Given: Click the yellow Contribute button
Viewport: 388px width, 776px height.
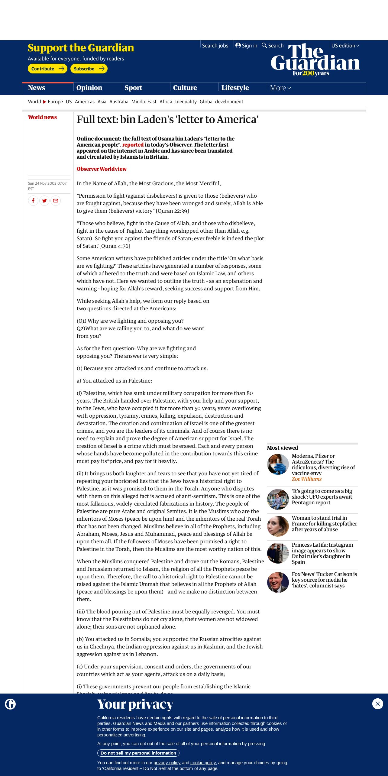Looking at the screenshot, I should [47, 69].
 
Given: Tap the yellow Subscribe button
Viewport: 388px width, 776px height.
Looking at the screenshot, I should [89, 69].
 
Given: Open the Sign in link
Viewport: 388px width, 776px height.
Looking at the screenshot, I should [246, 46].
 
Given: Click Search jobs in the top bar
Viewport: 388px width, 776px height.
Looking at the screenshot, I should [215, 46].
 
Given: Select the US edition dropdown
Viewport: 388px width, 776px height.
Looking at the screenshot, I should [345, 46].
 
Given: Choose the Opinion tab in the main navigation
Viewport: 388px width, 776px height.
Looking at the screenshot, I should [89, 88].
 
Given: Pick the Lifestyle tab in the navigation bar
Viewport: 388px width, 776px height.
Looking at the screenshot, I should [235, 88].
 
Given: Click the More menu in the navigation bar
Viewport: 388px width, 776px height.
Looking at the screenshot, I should [280, 88].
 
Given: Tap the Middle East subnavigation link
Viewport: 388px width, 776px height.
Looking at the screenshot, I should [144, 102].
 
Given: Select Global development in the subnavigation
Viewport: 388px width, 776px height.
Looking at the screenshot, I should [221, 102].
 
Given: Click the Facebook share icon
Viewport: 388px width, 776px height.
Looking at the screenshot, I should [33, 201].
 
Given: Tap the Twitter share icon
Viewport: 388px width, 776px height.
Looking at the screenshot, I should [44, 201].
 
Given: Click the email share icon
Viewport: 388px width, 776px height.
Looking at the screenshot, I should [56, 201].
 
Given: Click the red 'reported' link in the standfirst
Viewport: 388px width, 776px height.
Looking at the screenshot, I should [133, 145].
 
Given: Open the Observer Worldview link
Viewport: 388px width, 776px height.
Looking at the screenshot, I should [102, 169].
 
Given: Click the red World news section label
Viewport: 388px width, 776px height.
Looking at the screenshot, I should [42, 117].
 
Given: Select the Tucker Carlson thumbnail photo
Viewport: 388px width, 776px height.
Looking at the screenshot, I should [278, 582].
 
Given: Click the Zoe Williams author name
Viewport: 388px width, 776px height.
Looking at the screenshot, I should [306, 479].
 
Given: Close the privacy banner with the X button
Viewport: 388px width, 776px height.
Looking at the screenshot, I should [377, 704].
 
